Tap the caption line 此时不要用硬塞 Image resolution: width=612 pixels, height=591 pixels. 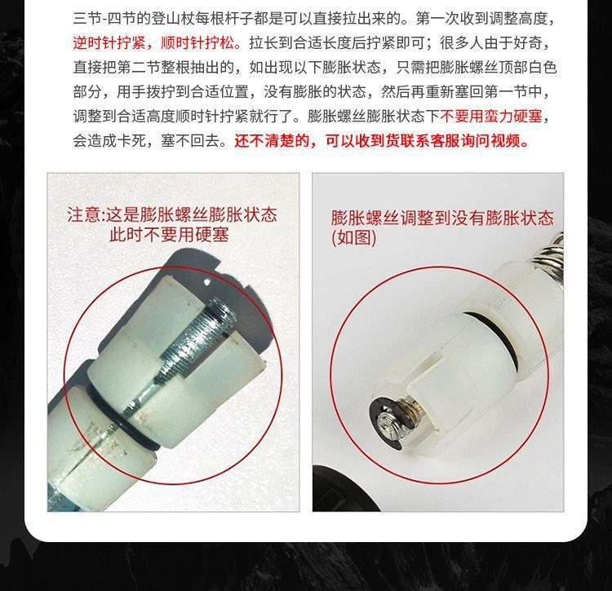pos(169,236)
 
